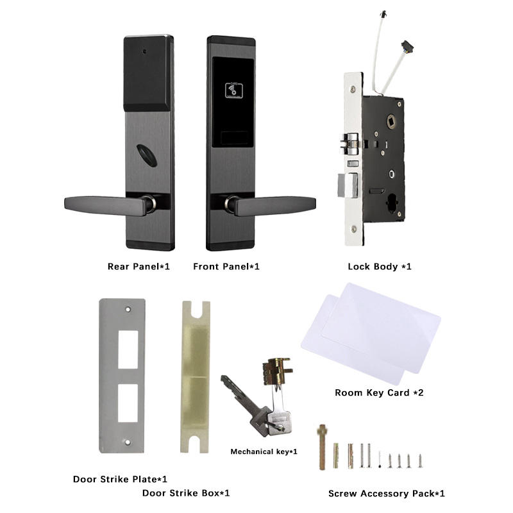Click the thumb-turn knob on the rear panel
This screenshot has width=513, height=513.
[148, 156]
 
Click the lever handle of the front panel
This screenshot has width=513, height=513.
[273, 206]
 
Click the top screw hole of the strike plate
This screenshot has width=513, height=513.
[128, 309]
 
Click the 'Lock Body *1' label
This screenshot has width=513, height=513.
[379, 266]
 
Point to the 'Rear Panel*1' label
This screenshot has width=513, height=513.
[139, 266]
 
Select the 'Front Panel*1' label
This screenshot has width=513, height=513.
[226, 266]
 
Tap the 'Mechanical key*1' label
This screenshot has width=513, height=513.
[264, 452]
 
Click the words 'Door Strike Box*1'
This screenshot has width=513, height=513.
[185, 493]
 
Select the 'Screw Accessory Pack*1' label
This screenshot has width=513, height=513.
[386, 493]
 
